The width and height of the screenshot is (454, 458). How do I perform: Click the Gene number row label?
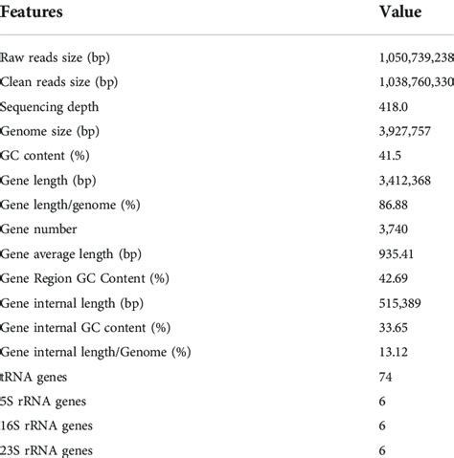pos(39,229)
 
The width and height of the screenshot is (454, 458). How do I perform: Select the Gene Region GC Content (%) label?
pos(85,278)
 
